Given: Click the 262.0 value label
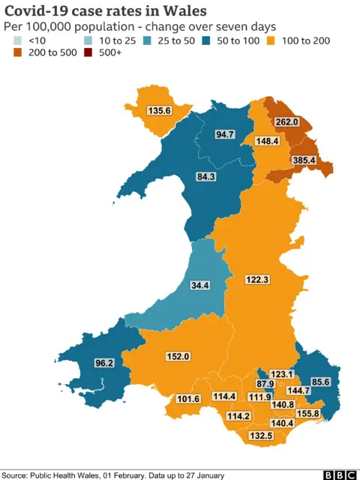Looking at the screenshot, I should (x=286, y=121).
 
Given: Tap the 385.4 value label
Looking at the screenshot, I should (x=304, y=160).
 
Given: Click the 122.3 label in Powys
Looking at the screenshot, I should (x=256, y=280).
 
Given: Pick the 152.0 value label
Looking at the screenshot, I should (x=178, y=357).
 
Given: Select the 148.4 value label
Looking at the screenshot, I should (x=267, y=141).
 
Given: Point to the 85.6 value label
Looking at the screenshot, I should (x=320, y=382).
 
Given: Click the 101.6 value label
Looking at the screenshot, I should (x=187, y=399).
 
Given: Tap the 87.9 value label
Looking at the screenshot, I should (x=266, y=385).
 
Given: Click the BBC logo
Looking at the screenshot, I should (x=339, y=474).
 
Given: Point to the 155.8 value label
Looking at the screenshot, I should (x=307, y=413).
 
